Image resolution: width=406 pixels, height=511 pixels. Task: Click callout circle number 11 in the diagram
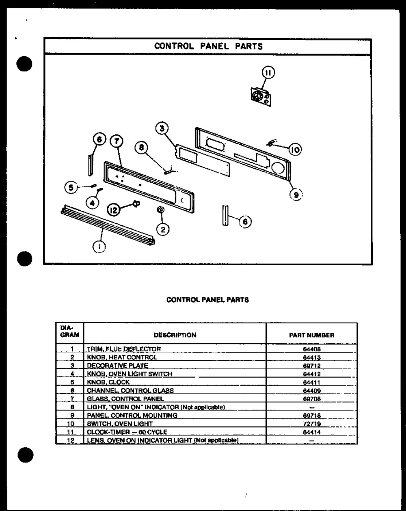(268, 73)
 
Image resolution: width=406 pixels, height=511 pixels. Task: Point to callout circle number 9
(296, 195)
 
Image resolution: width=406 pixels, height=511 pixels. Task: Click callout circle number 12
(114, 210)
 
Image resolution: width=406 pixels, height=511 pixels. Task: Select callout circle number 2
(163, 230)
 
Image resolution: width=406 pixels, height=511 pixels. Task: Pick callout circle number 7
(117, 141)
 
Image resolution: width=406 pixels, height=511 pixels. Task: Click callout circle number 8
(142, 148)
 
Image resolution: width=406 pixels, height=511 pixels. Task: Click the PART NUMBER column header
(311, 335)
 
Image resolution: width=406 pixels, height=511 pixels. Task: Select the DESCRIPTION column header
(175, 335)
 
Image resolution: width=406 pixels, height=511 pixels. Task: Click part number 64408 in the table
(311, 349)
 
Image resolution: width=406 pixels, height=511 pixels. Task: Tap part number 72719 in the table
(311, 424)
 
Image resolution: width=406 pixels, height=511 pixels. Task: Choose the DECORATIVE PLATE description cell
(117, 366)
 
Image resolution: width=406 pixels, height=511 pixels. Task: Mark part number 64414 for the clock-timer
(311, 432)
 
